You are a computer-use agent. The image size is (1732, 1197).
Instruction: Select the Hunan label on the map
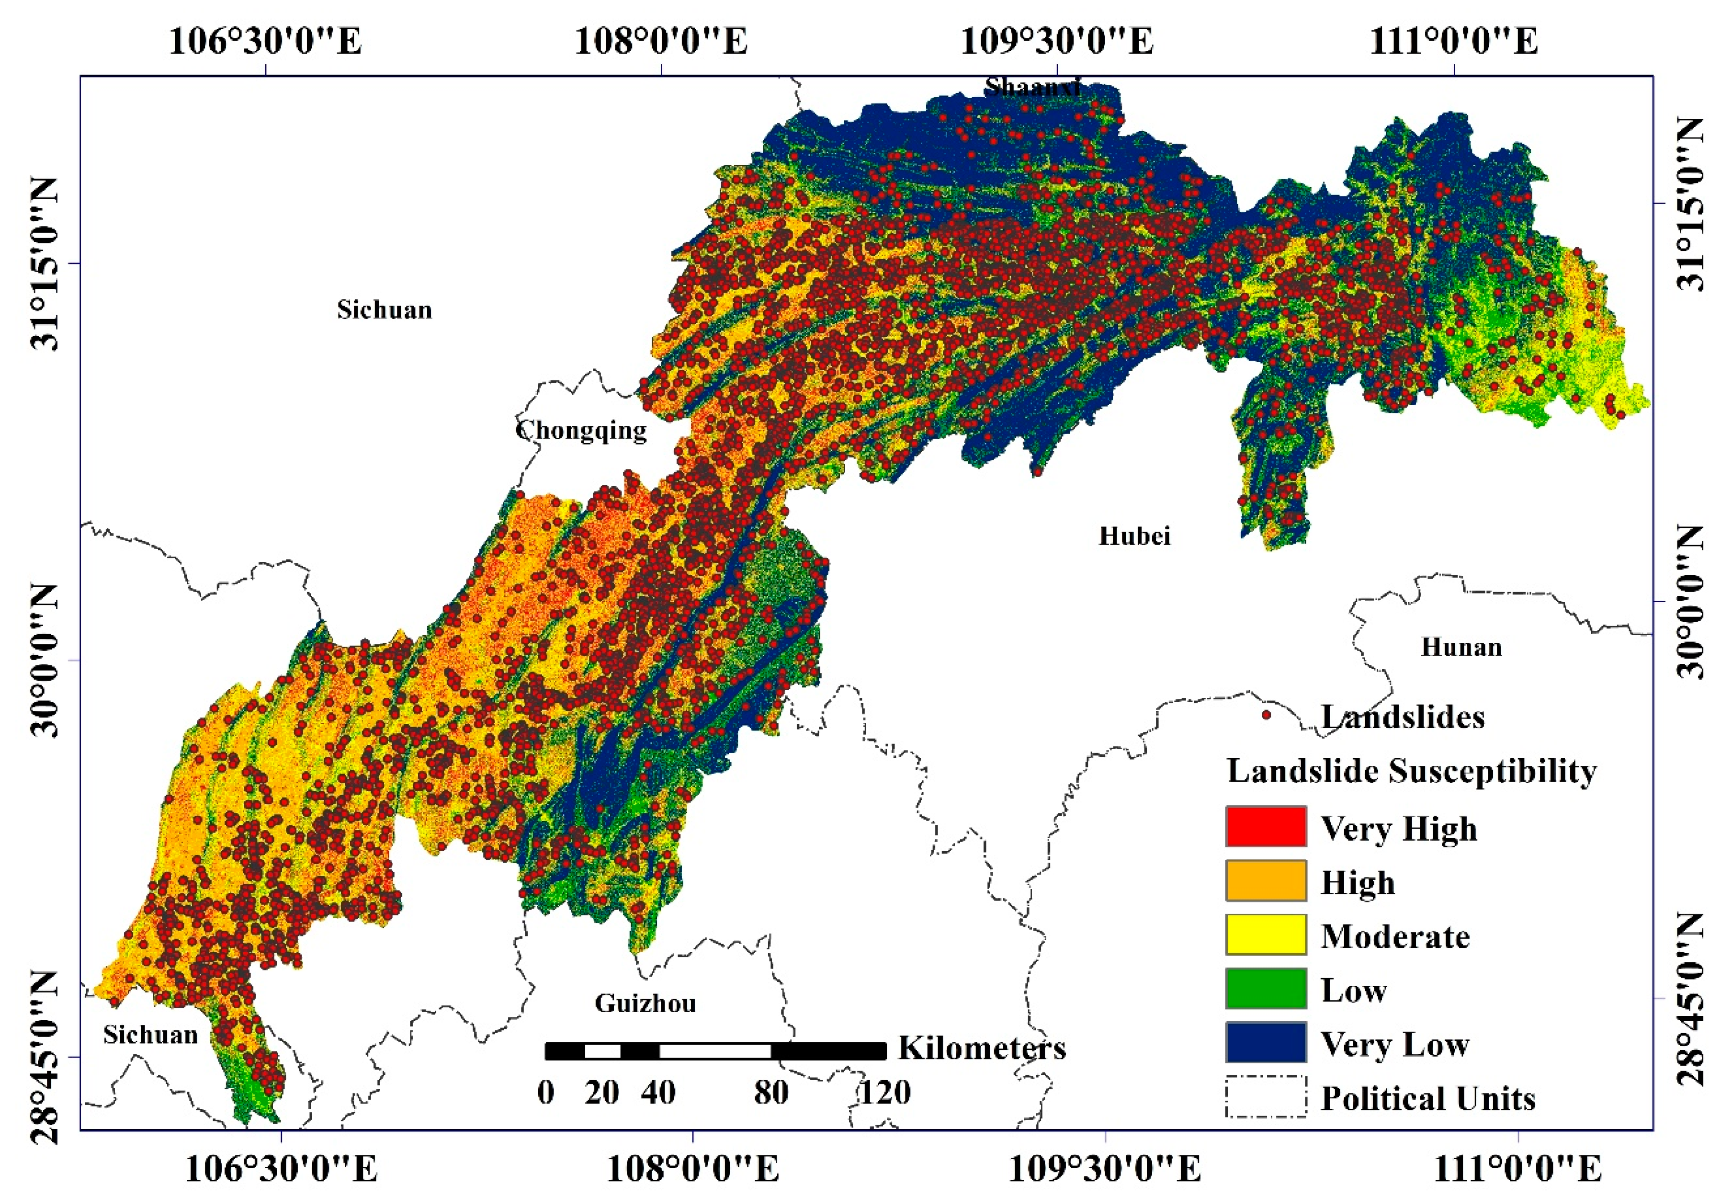1460,647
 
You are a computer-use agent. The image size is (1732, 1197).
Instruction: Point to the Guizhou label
645,1003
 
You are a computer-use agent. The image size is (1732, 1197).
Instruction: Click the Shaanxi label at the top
1032,88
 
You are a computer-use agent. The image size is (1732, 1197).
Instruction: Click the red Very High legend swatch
1266,827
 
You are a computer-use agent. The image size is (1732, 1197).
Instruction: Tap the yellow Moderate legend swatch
1266,935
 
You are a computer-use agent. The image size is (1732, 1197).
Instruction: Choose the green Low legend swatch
1266,989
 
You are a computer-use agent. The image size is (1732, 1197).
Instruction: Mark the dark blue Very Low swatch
1266,1042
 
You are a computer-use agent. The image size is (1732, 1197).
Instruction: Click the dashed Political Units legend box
1266,1096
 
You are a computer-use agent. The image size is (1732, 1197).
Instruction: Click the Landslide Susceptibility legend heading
1411,771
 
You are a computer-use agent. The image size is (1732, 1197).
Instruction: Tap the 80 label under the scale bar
771,1092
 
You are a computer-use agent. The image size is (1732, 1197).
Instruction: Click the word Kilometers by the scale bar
982,1048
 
